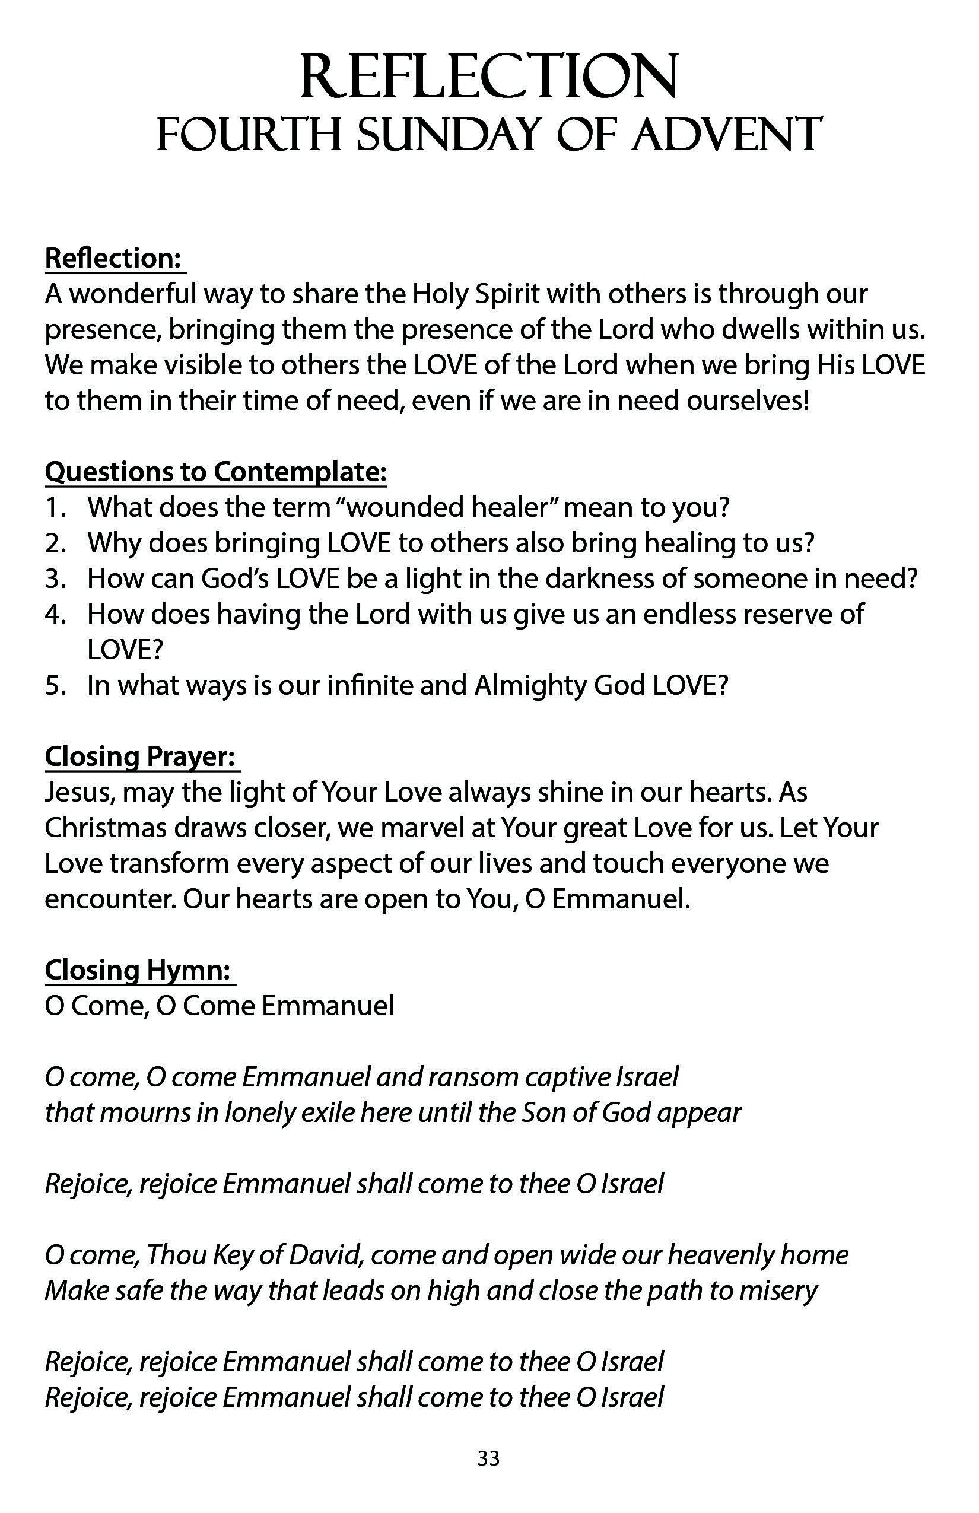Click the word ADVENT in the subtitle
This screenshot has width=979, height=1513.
(x=726, y=135)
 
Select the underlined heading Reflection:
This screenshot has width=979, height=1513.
(x=115, y=258)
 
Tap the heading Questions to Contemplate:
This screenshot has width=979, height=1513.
(x=215, y=472)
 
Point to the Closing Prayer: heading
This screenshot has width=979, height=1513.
(x=141, y=757)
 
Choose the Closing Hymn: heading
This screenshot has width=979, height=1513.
(x=139, y=970)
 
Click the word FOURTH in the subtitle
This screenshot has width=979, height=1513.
(x=249, y=135)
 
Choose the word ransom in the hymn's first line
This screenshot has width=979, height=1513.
(x=481, y=1077)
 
